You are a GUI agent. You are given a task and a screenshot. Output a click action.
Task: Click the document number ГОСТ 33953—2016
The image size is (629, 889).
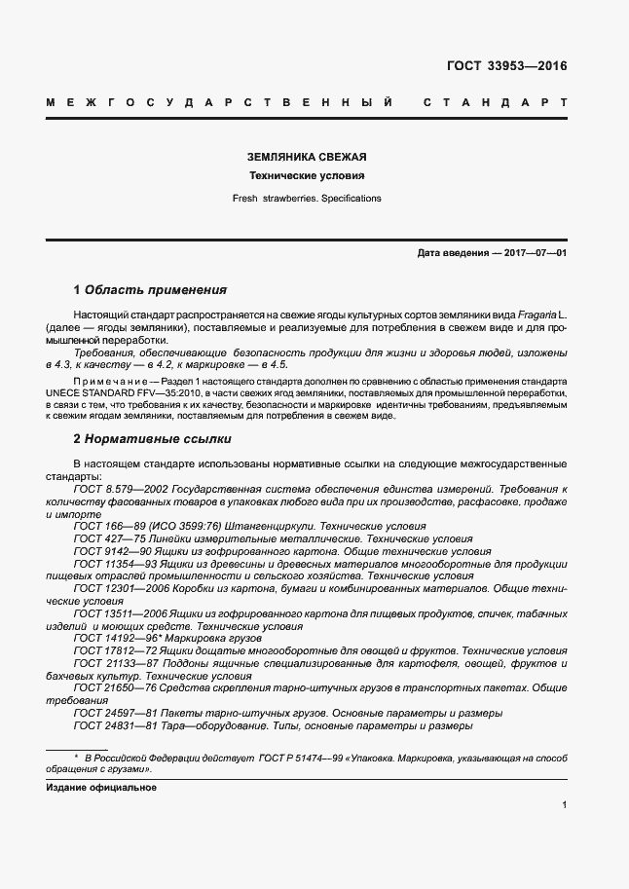tap(506, 67)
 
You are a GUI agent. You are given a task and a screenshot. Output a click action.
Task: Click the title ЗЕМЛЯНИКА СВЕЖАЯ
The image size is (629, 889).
tap(307, 157)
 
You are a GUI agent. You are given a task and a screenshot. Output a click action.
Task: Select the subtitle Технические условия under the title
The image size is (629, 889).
tap(307, 176)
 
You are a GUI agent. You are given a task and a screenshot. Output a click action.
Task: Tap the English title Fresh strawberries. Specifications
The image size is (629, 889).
tap(307, 198)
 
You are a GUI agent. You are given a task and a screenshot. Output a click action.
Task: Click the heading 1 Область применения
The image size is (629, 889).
tap(150, 290)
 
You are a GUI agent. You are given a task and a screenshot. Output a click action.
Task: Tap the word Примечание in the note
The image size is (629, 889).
tap(106, 379)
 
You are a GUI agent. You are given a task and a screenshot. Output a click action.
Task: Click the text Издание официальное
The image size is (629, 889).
tap(101, 787)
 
